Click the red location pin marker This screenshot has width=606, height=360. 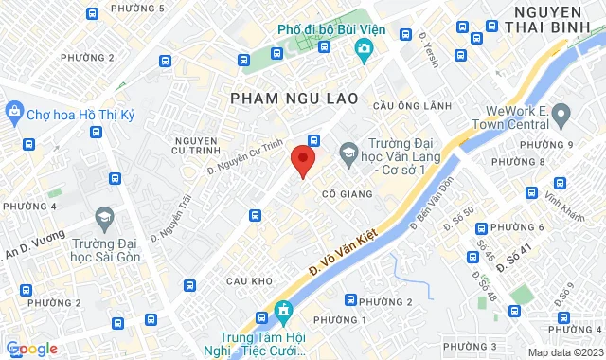[302, 161]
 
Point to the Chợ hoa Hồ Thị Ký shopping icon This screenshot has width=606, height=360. [14, 113]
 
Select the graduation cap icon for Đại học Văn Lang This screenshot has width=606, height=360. [348, 152]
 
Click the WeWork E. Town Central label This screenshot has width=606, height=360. [524, 117]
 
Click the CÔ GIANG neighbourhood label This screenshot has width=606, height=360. [344, 193]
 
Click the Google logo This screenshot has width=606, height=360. [32, 348]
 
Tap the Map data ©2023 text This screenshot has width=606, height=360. [564, 352]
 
